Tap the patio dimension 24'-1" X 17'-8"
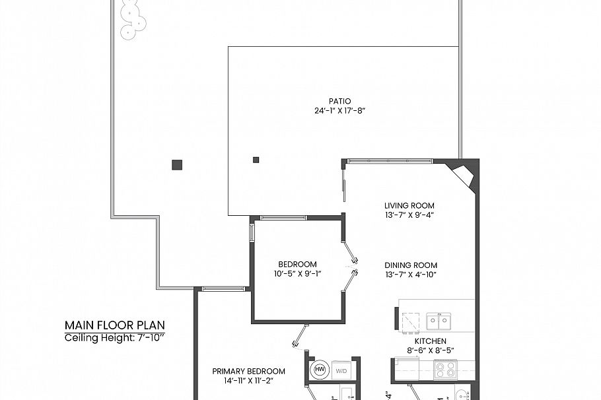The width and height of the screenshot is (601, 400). [x=339, y=111]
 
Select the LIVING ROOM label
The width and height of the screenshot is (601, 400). [x=409, y=205]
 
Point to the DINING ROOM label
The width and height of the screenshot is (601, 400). [x=411, y=265]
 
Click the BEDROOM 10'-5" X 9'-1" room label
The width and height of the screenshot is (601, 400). [x=297, y=265]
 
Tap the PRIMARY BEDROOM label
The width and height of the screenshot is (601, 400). [x=248, y=371]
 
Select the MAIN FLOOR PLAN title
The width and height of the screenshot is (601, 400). [x=114, y=325]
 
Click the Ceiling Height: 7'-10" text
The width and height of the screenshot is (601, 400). [x=114, y=338]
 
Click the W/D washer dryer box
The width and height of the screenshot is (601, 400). [x=341, y=370]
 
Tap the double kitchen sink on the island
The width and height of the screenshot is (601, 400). [x=438, y=321]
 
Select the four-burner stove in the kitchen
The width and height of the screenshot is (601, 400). [x=444, y=369]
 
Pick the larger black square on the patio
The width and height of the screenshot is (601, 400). [x=176, y=165]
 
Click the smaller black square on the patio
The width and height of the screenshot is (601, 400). [x=256, y=159]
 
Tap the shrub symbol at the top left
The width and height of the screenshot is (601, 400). [x=132, y=19]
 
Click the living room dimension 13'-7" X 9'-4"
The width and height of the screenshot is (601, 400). [x=409, y=214]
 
